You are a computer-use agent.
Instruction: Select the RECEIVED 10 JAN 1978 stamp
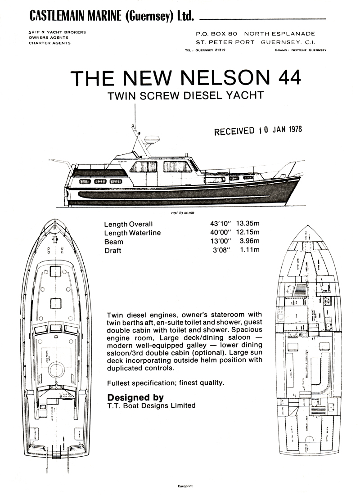[258, 130]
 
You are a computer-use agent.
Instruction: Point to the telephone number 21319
[217, 50]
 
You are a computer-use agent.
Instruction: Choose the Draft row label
[112, 251]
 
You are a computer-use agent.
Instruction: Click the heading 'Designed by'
[135, 398]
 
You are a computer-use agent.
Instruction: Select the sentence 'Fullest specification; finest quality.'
[166, 383]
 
